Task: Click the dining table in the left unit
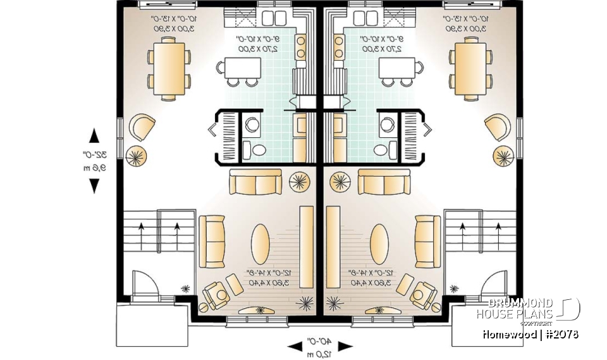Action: [169, 68]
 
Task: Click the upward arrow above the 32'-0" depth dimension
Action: [94, 135]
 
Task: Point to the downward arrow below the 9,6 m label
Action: [94, 185]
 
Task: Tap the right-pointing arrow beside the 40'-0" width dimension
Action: [345, 346]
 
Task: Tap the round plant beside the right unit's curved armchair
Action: [503, 155]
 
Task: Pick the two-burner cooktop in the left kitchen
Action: [301, 47]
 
